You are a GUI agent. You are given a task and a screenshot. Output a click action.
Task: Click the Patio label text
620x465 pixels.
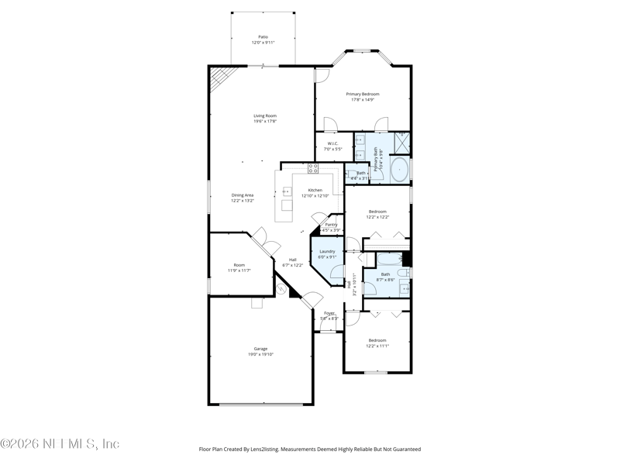pos(263,36)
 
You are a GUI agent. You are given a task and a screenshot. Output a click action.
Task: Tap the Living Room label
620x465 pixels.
pos(265,116)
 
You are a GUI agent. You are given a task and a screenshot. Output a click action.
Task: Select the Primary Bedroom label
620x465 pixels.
pos(363,95)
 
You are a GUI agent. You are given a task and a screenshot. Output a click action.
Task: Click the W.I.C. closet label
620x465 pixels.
pos(333,143)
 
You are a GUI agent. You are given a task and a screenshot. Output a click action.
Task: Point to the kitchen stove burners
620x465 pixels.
pos(313,167)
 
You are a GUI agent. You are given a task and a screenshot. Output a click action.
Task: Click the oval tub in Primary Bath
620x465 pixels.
pos(400,169)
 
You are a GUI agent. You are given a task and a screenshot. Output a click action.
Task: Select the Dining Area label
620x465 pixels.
pos(243,195)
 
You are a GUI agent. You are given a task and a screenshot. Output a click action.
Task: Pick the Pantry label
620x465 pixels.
pos(331,225)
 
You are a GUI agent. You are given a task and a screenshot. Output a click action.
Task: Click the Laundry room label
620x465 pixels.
pos(327,251)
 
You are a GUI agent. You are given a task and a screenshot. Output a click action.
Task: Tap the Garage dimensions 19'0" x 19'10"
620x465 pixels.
pos(260,354)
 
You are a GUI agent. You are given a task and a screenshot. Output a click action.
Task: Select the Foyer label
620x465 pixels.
pos(329,314)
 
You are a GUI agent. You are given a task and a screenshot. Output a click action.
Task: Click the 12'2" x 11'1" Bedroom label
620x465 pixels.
pos(377,341)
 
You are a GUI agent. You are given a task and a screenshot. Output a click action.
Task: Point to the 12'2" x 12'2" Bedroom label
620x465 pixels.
pos(377,212)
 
